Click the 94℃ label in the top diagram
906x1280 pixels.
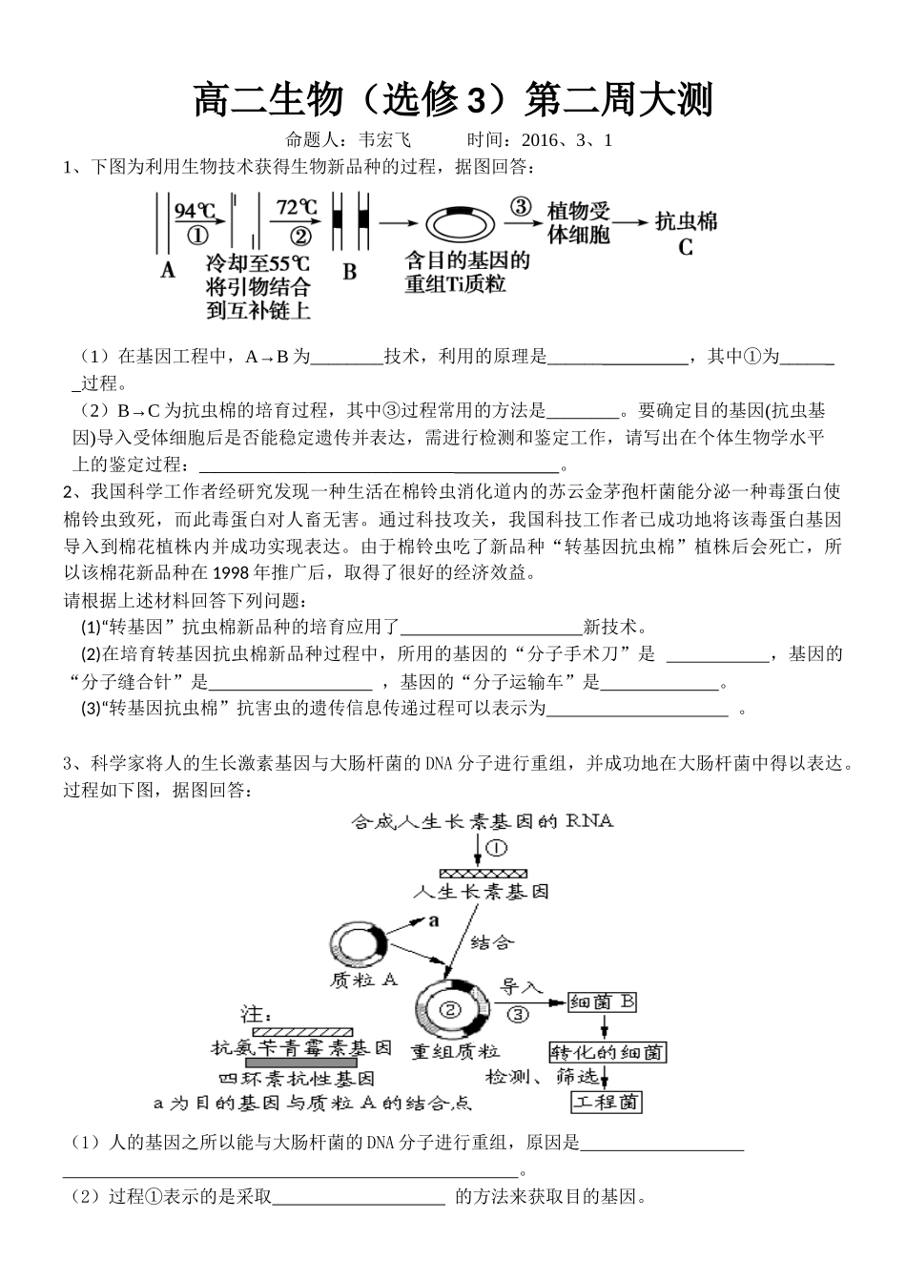[x=196, y=209]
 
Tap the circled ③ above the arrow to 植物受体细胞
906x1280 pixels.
[x=521, y=207]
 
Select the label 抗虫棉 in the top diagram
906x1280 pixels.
[x=686, y=223]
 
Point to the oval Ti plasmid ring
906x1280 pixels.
[x=460, y=225]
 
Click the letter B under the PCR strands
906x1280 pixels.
[x=350, y=272]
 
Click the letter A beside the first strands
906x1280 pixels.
[x=168, y=270]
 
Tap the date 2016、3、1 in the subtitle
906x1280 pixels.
[x=566, y=140]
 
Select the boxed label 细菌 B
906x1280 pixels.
[x=602, y=1002]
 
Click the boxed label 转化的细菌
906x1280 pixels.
[x=607, y=1052]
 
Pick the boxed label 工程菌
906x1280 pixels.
[x=607, y=1103]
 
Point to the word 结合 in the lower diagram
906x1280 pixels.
[x=492, y=941]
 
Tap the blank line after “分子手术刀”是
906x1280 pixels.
[x=716, y=656]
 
